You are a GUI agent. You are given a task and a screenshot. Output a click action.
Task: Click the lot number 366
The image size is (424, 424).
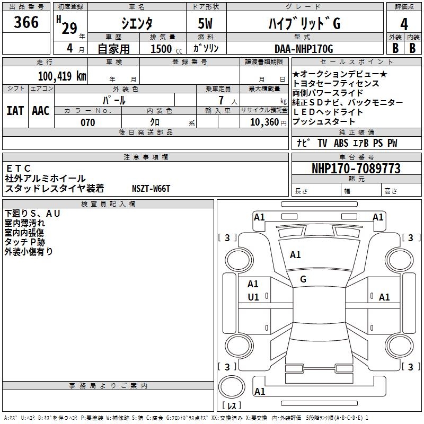click(26, 22)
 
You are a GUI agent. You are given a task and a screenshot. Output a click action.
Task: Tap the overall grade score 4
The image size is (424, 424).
click(404, 24)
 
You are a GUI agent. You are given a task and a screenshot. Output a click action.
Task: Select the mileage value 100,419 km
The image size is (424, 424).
click(62, 76)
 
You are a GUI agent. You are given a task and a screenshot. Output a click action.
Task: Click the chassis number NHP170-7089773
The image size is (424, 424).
click(356, 169)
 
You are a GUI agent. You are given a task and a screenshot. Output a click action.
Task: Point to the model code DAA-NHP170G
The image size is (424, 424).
click(304, 49)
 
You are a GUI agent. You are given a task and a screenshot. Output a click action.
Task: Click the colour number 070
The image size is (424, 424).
click(88, 122)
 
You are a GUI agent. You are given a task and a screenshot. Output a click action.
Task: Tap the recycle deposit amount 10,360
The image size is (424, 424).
click(264, 122)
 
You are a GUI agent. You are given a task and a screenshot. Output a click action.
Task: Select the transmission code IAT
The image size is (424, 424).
click(15, 111)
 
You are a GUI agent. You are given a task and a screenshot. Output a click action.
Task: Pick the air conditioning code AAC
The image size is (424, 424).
click(41, 111)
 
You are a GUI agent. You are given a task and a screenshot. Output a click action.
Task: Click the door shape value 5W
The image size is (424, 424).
click(205, 23)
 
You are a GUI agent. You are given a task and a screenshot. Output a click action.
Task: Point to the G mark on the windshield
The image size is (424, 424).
click(303, 279)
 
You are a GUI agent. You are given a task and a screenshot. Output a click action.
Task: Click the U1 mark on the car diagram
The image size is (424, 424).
click(253, 297)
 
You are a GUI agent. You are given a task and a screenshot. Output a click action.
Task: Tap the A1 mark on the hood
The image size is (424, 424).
click(295, 255)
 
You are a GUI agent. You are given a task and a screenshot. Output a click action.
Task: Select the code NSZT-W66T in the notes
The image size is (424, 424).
click(151, 189)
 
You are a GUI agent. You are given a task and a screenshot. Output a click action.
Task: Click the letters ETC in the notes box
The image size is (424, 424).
click(18, 169)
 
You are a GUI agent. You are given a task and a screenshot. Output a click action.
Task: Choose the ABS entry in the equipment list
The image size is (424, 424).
click(341, 143)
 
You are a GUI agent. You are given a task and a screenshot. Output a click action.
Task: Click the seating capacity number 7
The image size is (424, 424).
click(221, 100)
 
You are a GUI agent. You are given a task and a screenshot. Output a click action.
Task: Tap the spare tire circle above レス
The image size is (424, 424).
click(232, 387)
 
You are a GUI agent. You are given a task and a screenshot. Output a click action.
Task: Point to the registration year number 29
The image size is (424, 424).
click(69, 28)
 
